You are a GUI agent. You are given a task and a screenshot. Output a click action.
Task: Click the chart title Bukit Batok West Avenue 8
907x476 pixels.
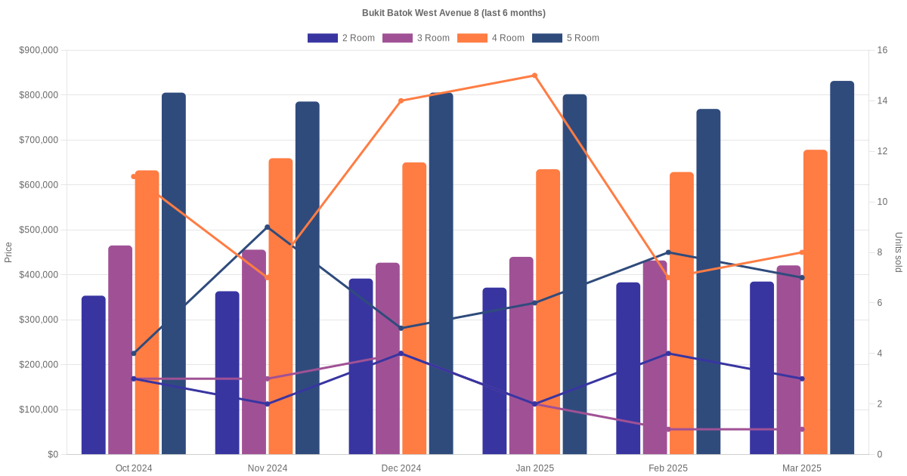(453, 13)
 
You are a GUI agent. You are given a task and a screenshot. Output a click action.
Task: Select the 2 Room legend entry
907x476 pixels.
(341, 38)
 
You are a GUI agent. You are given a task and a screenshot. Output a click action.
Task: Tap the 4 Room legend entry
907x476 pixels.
(491, 38)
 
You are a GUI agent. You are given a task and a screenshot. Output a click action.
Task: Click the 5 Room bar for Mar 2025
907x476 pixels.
(842, 268)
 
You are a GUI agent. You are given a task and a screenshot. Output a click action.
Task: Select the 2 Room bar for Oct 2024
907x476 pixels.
(94, 375)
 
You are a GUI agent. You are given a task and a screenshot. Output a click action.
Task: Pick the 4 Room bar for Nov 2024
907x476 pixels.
(280, 306)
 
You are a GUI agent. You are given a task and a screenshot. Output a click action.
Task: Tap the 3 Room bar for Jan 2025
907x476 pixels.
(521, 355)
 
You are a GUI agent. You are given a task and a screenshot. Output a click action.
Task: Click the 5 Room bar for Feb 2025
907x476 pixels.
(708, 281)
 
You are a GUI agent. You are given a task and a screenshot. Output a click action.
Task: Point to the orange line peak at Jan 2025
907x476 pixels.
(534, 76)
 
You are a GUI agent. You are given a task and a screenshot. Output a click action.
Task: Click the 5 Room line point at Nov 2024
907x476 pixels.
(268, 227)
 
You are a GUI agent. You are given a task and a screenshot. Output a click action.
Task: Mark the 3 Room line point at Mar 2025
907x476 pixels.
(802, 429)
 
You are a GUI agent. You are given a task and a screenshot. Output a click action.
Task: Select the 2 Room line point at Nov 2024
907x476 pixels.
(268, 404)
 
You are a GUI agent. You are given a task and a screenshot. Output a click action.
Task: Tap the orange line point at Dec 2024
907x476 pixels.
(401, 100)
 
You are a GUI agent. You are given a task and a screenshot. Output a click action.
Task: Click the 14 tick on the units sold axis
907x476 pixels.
(882, 100)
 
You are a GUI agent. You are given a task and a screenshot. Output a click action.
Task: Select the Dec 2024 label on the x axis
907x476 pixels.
(401, 468)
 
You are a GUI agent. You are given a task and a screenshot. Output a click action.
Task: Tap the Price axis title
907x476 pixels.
(8, 252)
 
